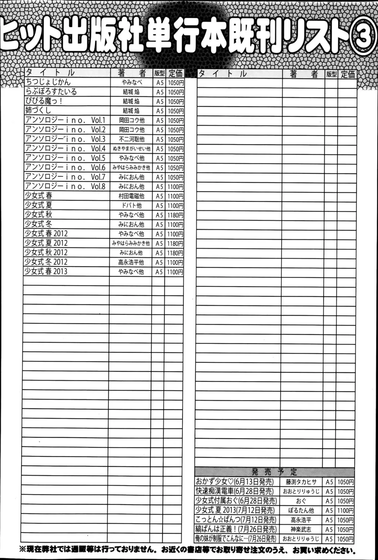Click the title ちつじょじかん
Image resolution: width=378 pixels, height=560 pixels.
pyautogui.click(x=48, y=82)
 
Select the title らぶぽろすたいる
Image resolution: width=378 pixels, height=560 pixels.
pyautogui.click(x=51, y=92)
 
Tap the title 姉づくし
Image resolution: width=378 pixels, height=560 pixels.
pyautogui.click(x=38, y=111)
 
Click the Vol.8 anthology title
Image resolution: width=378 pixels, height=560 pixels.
pyautogui.click(x=65, y=186)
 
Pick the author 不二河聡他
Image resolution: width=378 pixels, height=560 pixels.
pyautogui.click(x=131, y=139)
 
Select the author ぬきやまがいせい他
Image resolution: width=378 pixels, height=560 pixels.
pyautogui.click(x=131, y=149)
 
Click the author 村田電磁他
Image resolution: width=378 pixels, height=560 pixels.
pyautogui.click(x=131, y=196)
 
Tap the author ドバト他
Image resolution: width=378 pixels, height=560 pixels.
pyautogui.click(x=131, y=206)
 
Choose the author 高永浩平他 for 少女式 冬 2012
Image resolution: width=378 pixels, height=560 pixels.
pyautogui.click(x=131, y=262)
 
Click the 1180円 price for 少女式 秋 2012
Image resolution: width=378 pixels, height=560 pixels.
pyautogui.click(x=175, y=253)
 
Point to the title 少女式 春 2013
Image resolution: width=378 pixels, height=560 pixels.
pyautogui.click(x=46, y=271)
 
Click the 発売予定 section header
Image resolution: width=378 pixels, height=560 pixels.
pyautogui.click(x=274, y=472)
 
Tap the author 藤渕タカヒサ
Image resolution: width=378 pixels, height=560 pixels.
pyautogui.click(x=301, y=482)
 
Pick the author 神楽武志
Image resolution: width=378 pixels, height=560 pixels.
pyautogui.click(x=301, y=529)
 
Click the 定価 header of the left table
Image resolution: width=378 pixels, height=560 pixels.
pyautogui.click(x=175, y=73)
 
